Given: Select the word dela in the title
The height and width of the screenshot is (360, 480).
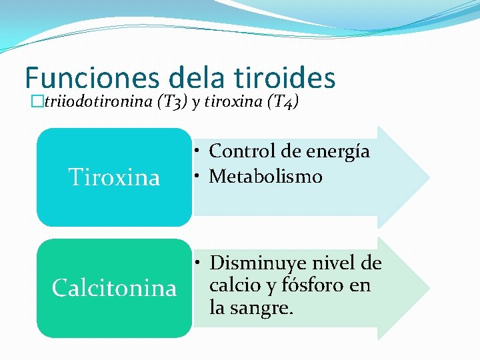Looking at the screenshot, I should (x=198, y=77).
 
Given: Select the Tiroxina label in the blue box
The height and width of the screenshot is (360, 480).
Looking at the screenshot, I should (x=115, y=177).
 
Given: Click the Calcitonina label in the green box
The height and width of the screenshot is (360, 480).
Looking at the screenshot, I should (x=115, y=288).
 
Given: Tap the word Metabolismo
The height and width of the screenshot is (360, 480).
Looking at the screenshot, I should (x=265, y=177).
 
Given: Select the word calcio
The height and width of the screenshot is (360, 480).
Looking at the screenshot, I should (x=234, y=285).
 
